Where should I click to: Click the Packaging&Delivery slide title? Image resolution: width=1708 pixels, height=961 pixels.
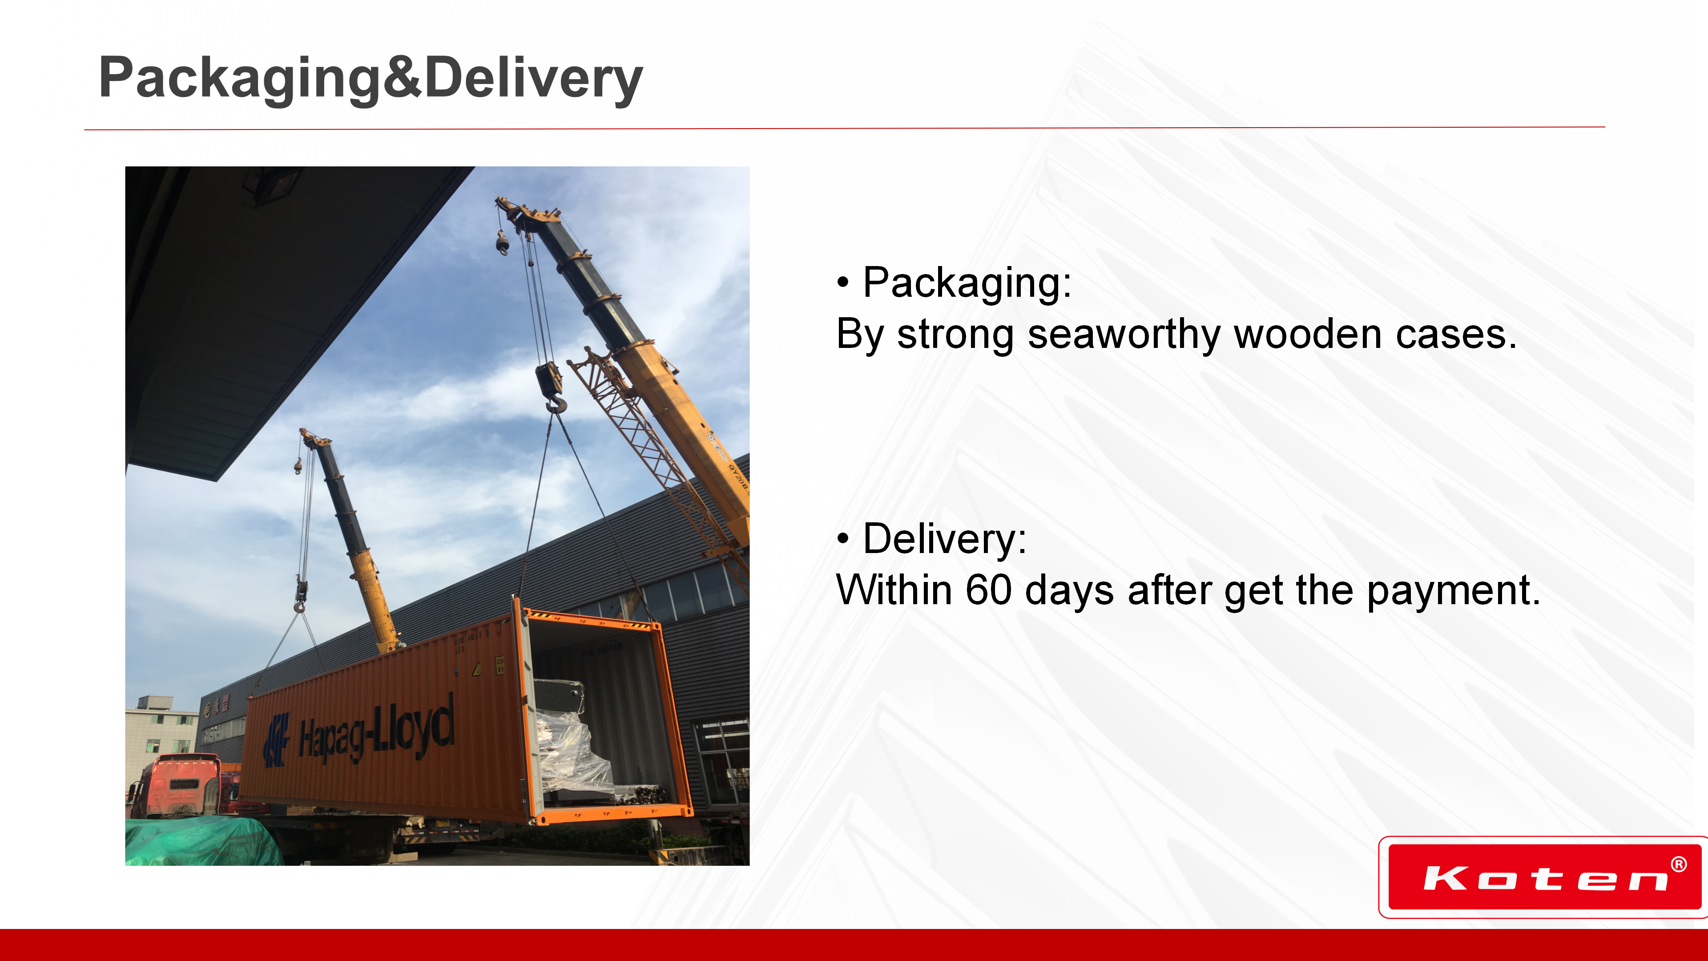(x=371, y=79)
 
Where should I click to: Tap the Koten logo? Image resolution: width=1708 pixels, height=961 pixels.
(x=1544, y=877)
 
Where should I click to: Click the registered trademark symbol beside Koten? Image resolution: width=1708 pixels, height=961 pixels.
(x=1679, y=864)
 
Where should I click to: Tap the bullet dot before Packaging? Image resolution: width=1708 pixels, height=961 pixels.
(x=843, y=283)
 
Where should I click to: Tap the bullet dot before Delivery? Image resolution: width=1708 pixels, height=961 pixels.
(x=843, y=538)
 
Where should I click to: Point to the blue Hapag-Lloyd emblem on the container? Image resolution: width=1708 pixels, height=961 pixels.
(x=277, y=739)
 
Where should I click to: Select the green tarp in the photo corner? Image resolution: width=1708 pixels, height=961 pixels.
(x=203, y=841)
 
